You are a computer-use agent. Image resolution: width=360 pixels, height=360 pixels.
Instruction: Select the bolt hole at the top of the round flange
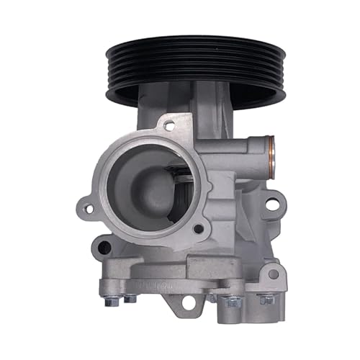[168, 125]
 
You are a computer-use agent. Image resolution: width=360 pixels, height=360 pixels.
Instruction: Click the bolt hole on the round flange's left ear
[89, 210]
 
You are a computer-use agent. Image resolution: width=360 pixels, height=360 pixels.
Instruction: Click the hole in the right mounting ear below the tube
[271, 205]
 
